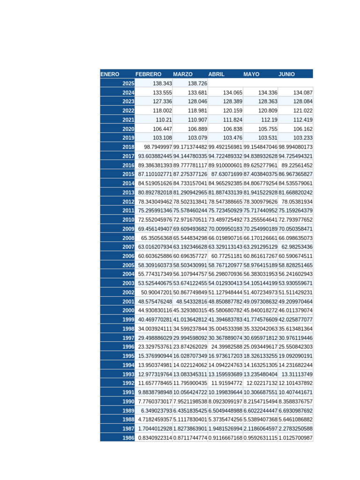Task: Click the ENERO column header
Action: point(110,74)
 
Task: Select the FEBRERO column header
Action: point(148,74)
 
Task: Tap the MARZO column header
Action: point(183,74)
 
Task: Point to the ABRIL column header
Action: point(217,74)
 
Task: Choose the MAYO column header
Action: point(251,74)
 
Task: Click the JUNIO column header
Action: point(287,74)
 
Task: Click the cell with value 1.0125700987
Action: point(296,438)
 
